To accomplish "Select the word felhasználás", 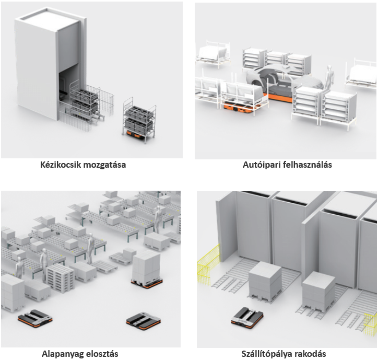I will point(308,165).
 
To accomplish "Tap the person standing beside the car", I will point(329,78).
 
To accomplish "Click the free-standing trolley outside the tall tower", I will point(139,120).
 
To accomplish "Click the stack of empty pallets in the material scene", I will point(60,277).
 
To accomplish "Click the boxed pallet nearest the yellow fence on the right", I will point(319,292).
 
